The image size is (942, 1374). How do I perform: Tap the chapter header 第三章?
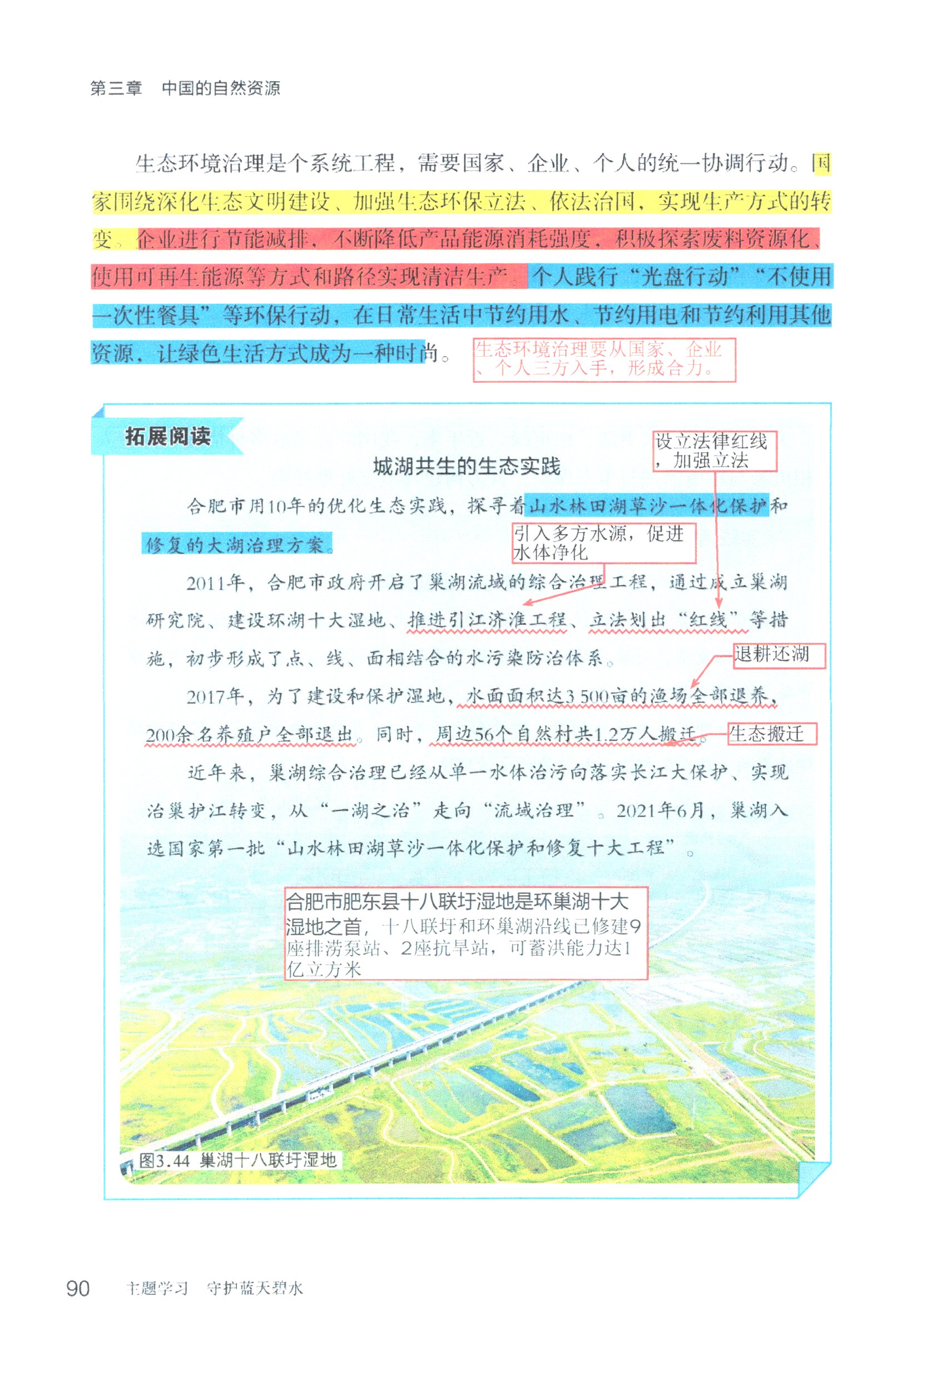(116, 88)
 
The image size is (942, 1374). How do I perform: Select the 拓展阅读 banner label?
(167, 436)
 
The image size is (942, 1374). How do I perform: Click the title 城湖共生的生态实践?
(466, 467)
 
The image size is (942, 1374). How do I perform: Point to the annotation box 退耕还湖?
(779, 655)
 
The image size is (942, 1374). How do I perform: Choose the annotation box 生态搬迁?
(771, 734)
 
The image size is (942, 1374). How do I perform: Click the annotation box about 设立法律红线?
(715, 451)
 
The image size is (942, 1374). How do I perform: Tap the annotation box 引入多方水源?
(603, 543)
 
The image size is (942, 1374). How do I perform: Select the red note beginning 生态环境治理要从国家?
(603, 359)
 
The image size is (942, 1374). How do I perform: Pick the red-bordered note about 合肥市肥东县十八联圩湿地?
(465, 933)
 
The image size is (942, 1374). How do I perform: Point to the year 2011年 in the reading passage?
(215, 583)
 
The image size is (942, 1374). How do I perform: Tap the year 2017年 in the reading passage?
(215, 696)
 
